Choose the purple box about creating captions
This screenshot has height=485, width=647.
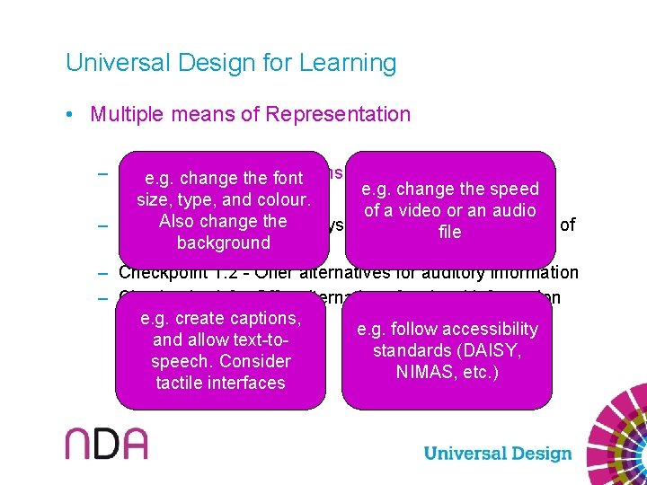coord(220,350)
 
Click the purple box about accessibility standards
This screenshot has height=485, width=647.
coord(448,350)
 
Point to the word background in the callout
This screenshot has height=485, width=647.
coord(224,242)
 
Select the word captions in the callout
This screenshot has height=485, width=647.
coord(263,318)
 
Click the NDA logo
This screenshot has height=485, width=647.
coord(105,443)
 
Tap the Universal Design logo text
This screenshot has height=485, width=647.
coord(497,454)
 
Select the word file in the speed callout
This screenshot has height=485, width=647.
coord(449,232)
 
